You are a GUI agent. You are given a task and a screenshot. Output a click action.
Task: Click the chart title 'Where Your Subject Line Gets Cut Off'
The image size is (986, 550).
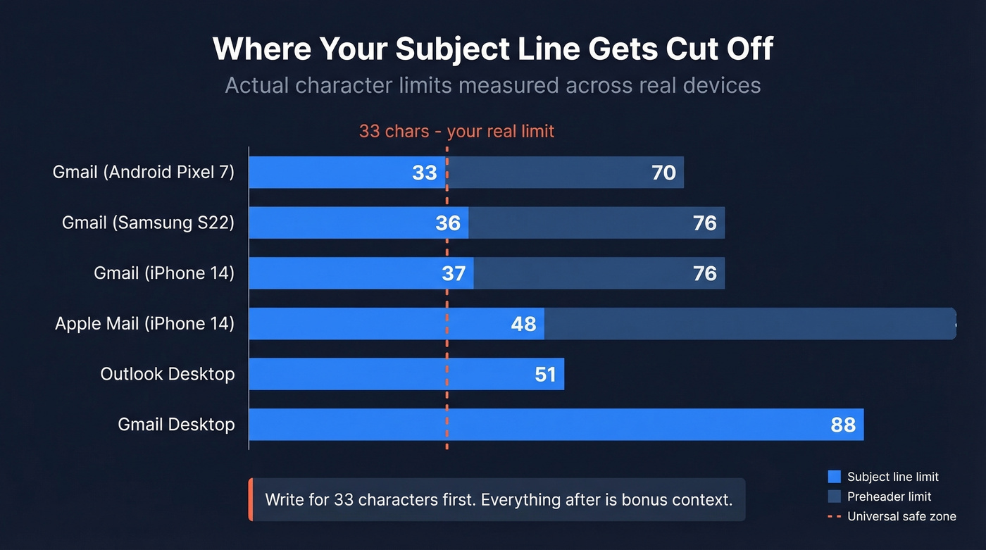(493, 49)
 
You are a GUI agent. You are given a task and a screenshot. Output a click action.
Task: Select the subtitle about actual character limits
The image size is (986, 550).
(493, 85)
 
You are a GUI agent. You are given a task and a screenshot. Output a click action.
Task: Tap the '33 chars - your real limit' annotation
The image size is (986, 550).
(456, 131)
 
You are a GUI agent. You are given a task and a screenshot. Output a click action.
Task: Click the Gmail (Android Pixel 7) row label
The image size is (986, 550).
(144, 172)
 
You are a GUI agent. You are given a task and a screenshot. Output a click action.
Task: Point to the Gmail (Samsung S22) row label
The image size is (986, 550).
(148, 223)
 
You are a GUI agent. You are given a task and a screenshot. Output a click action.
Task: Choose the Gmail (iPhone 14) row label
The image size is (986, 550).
(164, 273)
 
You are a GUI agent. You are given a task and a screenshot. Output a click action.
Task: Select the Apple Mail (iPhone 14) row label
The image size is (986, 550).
(144, 323)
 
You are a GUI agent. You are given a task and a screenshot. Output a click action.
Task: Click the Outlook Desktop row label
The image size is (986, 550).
(168, 373)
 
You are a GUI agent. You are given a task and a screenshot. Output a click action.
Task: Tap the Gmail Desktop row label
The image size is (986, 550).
(176, 424)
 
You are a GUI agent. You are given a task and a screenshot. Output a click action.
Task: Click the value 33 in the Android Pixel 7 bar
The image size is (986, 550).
(424, 173)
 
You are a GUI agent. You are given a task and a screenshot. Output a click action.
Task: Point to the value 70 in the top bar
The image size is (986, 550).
(663, 173)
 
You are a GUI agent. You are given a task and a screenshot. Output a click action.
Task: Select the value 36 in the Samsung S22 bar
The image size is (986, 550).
(448, 223)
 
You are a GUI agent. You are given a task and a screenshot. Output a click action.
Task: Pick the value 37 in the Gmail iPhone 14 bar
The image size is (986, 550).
(454, 273)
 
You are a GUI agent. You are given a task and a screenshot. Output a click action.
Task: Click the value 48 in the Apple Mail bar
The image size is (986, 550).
(523, 324)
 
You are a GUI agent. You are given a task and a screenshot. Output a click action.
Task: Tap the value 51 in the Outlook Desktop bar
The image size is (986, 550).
(545, 374)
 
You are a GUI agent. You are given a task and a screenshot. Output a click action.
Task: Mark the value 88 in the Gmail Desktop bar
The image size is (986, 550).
(843, 425)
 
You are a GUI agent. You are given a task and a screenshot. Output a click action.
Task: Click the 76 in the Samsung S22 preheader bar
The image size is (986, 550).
(704, 223)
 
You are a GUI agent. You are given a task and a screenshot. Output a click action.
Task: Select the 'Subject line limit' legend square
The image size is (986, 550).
(835, 477)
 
